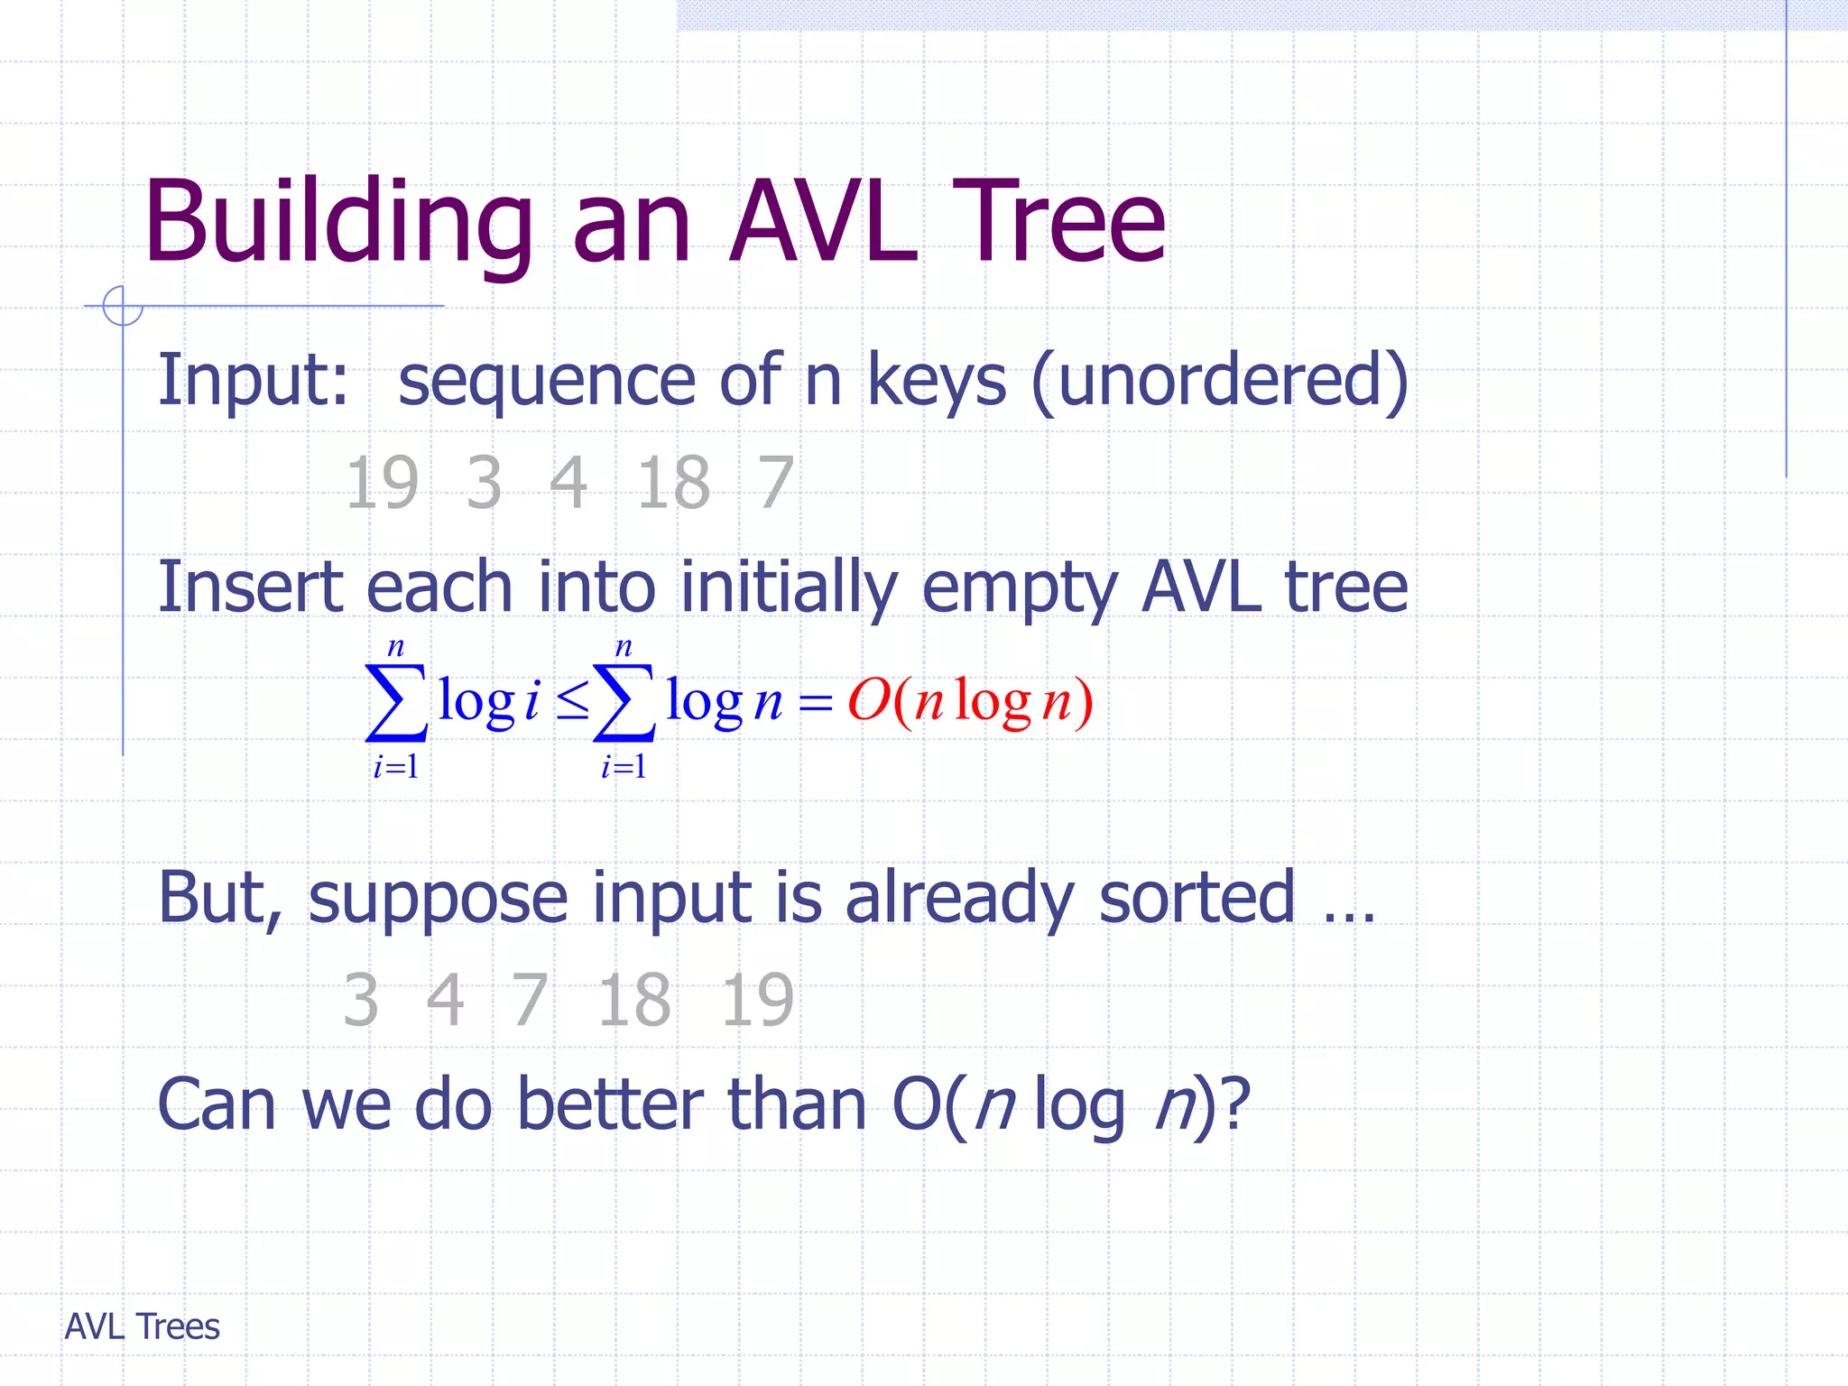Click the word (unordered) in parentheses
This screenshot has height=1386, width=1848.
1220,381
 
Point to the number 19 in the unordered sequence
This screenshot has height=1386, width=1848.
382,484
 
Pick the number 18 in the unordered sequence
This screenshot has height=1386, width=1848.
673,484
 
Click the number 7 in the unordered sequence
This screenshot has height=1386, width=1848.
776,484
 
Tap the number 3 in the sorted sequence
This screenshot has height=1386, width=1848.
361,1001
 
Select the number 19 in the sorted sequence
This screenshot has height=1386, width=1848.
757,1001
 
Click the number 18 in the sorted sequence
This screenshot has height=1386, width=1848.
634,1001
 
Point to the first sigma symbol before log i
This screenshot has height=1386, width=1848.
395,703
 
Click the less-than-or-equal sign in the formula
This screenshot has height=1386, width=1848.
572,701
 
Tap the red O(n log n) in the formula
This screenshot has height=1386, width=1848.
970,701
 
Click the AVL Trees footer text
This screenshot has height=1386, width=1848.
143,1326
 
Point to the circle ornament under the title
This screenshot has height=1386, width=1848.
122,306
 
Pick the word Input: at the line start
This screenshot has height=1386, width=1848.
253,381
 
